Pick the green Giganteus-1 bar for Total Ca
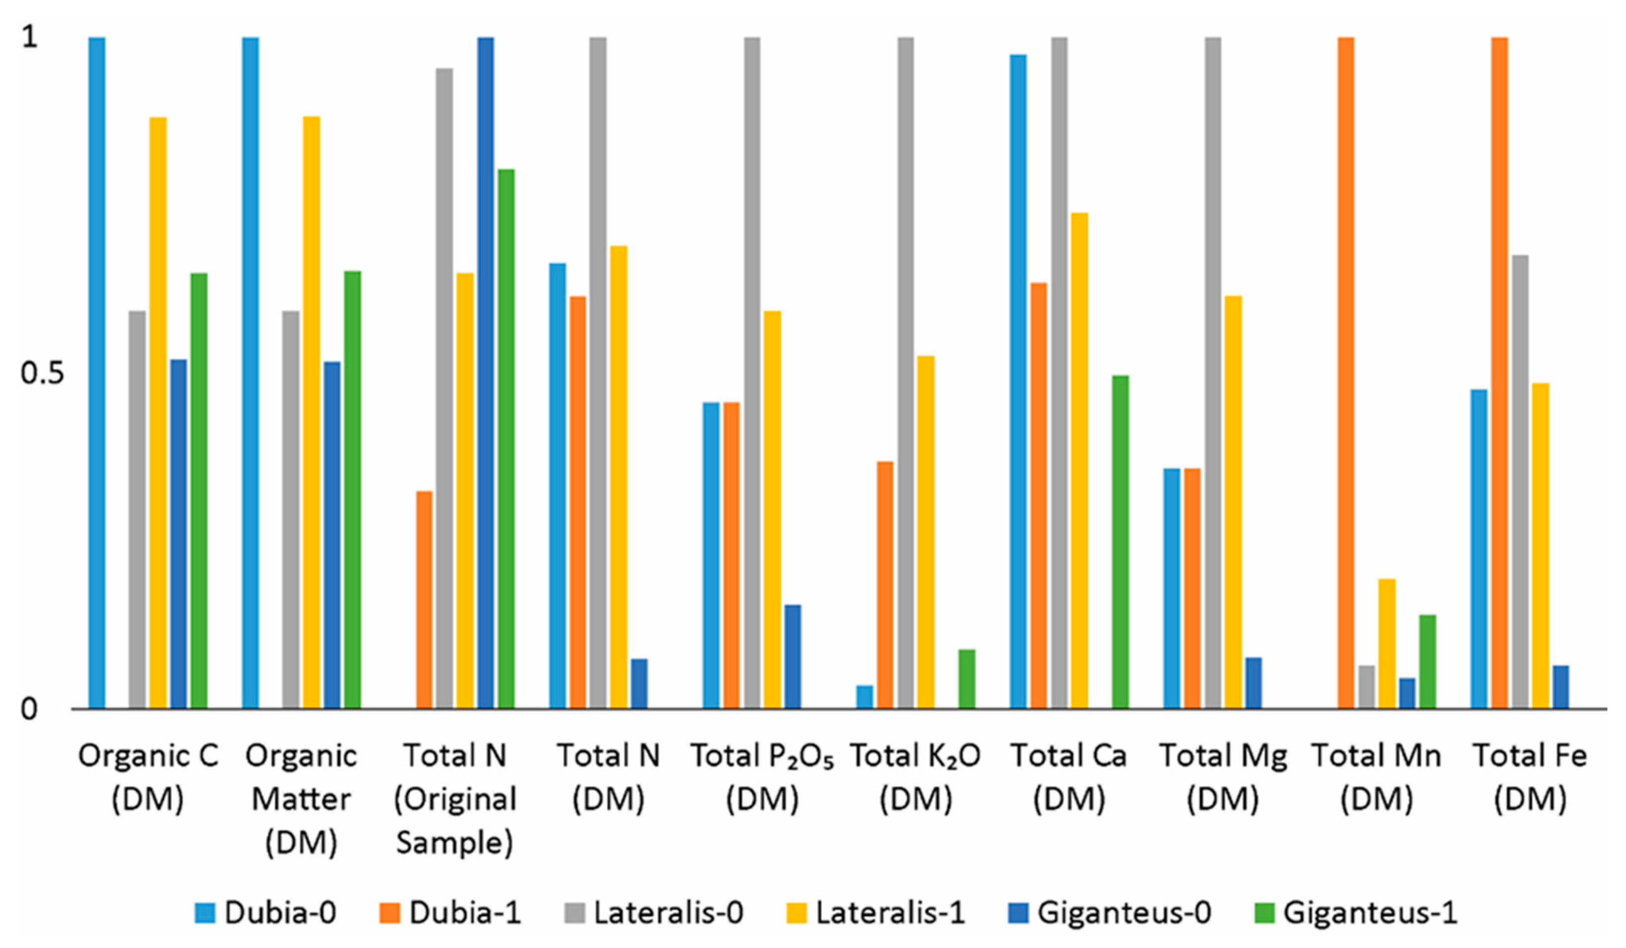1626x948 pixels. [1120, 542]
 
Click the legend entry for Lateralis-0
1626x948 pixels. [668, 912]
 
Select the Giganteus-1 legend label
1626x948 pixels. [1370, 912]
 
